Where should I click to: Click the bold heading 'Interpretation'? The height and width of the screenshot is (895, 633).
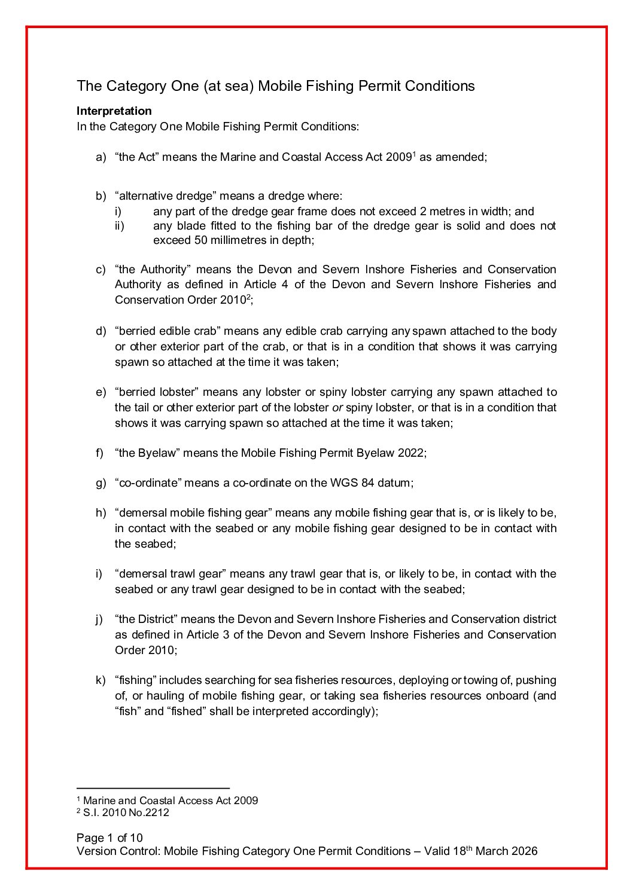pyautogui.click(x=114, y=111)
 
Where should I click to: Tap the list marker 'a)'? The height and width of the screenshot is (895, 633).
pyautogui.click(x=101, y=157)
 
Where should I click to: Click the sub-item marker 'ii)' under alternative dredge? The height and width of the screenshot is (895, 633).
pyautogui.click(x=119, y=226)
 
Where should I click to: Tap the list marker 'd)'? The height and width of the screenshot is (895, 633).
pyautogui.click(x=101, y=331)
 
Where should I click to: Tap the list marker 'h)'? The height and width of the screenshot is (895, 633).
pyautogui.click(x=101, y=513)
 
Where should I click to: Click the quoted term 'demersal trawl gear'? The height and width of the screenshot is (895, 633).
pyautogui.click(x=171, y=574)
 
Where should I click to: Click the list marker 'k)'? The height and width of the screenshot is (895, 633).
pyautogui.click(x=101, y=680)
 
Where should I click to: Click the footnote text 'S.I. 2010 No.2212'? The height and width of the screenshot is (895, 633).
pyautogui.click(x=126, y=813)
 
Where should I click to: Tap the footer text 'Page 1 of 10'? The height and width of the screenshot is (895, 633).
pyautogui.click(x=109, y=838)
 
